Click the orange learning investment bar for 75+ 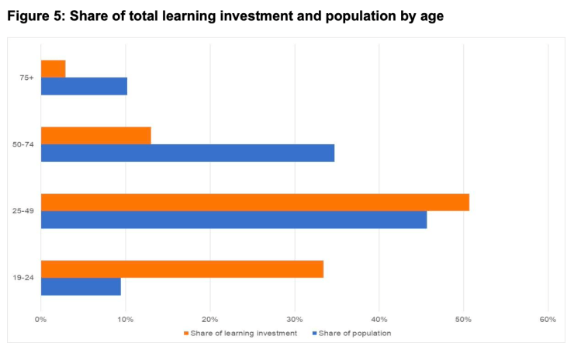53,68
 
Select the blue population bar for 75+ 84,86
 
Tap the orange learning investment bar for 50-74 95,135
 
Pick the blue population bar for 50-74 188,153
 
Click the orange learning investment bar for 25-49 254,202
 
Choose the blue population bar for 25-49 233,220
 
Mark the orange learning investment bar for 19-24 182,269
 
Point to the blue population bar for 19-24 81,286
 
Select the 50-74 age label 23,144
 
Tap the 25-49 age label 23,211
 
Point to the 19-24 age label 23,278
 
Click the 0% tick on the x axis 41,319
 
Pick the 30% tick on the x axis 294,319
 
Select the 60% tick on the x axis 548,319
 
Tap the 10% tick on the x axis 126,319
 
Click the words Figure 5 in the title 34,16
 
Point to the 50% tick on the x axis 463,319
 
